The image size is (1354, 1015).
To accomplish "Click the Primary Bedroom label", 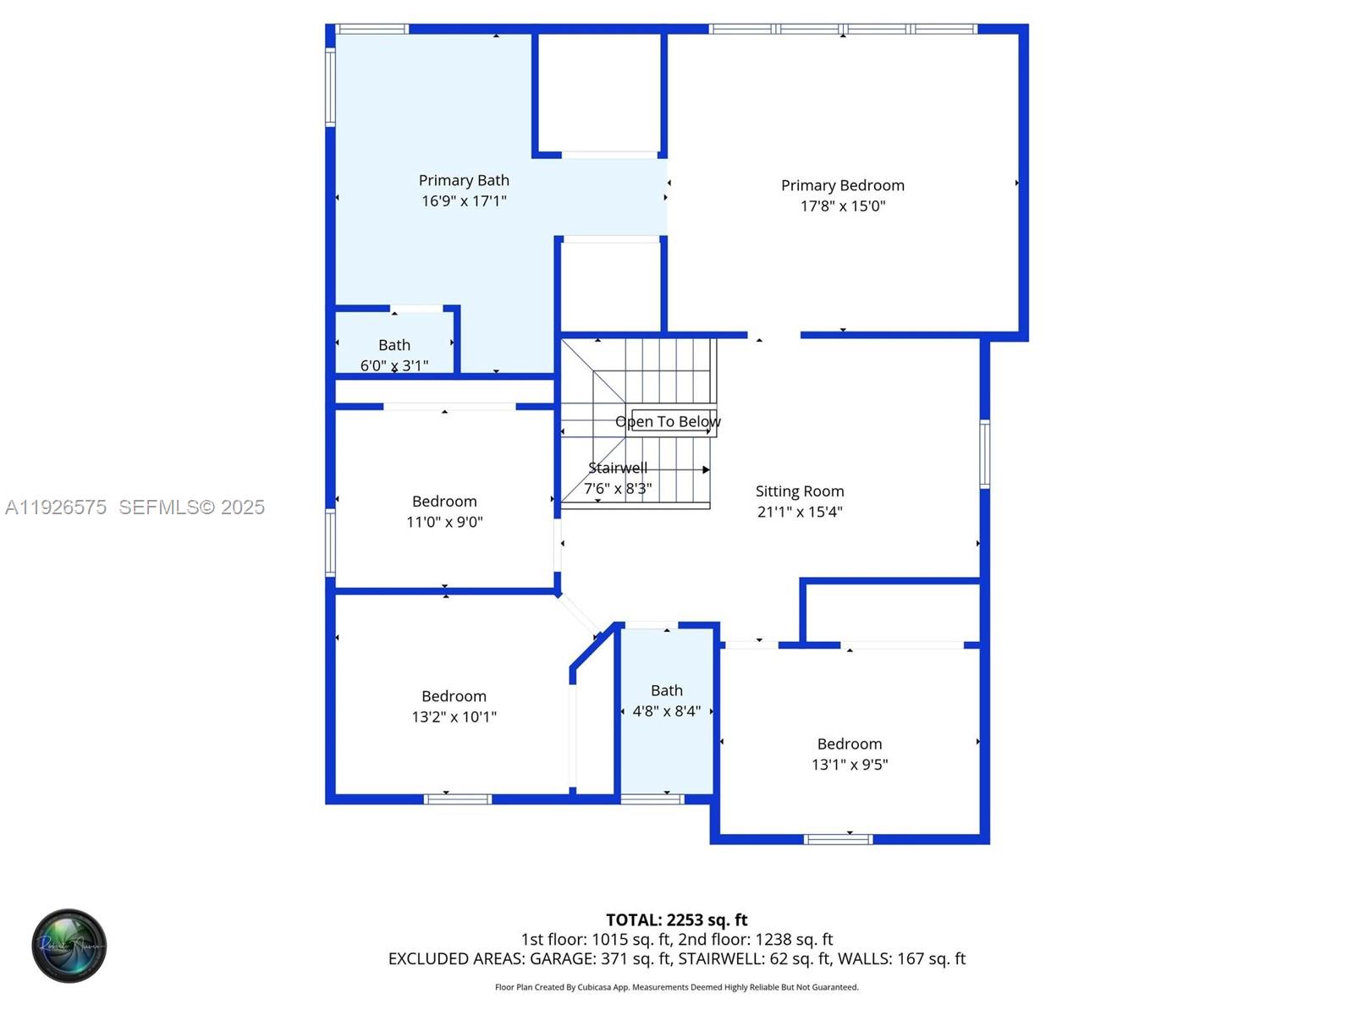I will [x=842, y=185].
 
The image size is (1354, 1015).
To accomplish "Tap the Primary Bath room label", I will [x=464, y=180].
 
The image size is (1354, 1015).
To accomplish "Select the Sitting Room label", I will [x=800, y=491].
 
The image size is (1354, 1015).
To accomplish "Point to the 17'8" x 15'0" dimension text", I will [x=842, y=206].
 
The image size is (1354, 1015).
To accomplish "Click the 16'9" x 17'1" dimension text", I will [x=464, y=200].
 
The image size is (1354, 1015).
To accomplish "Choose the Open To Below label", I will [x=668, y=421].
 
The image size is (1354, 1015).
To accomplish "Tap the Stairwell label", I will [x=618, y=468].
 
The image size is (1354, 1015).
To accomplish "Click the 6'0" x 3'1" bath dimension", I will [x=394, y=365].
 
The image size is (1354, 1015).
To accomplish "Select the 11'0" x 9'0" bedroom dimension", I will [x=444, y=522].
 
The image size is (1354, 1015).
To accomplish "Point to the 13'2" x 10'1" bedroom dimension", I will [x=454, y=716].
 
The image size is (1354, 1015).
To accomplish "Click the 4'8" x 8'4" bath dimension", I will [x=667, y=711].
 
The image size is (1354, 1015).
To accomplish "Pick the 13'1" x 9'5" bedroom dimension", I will [x=850, y=765].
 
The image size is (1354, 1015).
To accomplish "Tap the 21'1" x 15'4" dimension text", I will [x=800, y=512].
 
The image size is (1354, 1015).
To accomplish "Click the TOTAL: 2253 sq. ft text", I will [x=676, y=919].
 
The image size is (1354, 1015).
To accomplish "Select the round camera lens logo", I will [x=69, y=946].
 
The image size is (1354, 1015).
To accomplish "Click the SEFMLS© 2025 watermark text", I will [x=191, y=507].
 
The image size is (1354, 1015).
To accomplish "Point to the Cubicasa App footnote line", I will [x=676, y=987].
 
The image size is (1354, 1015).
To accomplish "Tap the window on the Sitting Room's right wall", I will [x=984, y=454].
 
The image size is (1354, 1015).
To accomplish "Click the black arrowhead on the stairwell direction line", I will [x=706, y=469].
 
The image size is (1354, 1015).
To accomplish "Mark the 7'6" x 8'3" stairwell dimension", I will [x=618, y=488].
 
